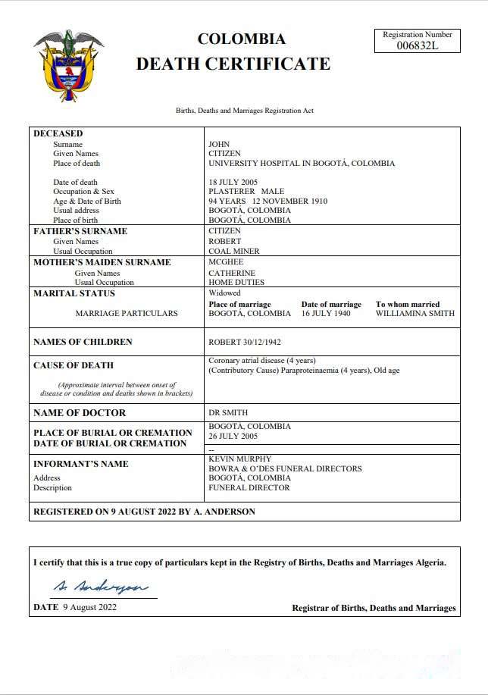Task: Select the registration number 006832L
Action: (418, 45)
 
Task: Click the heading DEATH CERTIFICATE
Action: (233, 64)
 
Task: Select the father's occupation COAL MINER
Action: (234, 251)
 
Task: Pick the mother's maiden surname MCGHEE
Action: (226, 262)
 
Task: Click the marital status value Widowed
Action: (224, 293)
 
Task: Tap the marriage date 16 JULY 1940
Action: (327, 313)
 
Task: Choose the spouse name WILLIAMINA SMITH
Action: (415, 313)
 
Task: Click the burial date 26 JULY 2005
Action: (233, 436)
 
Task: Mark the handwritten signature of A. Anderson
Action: (100, 587)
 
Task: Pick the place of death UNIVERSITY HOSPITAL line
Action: (302, 163)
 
